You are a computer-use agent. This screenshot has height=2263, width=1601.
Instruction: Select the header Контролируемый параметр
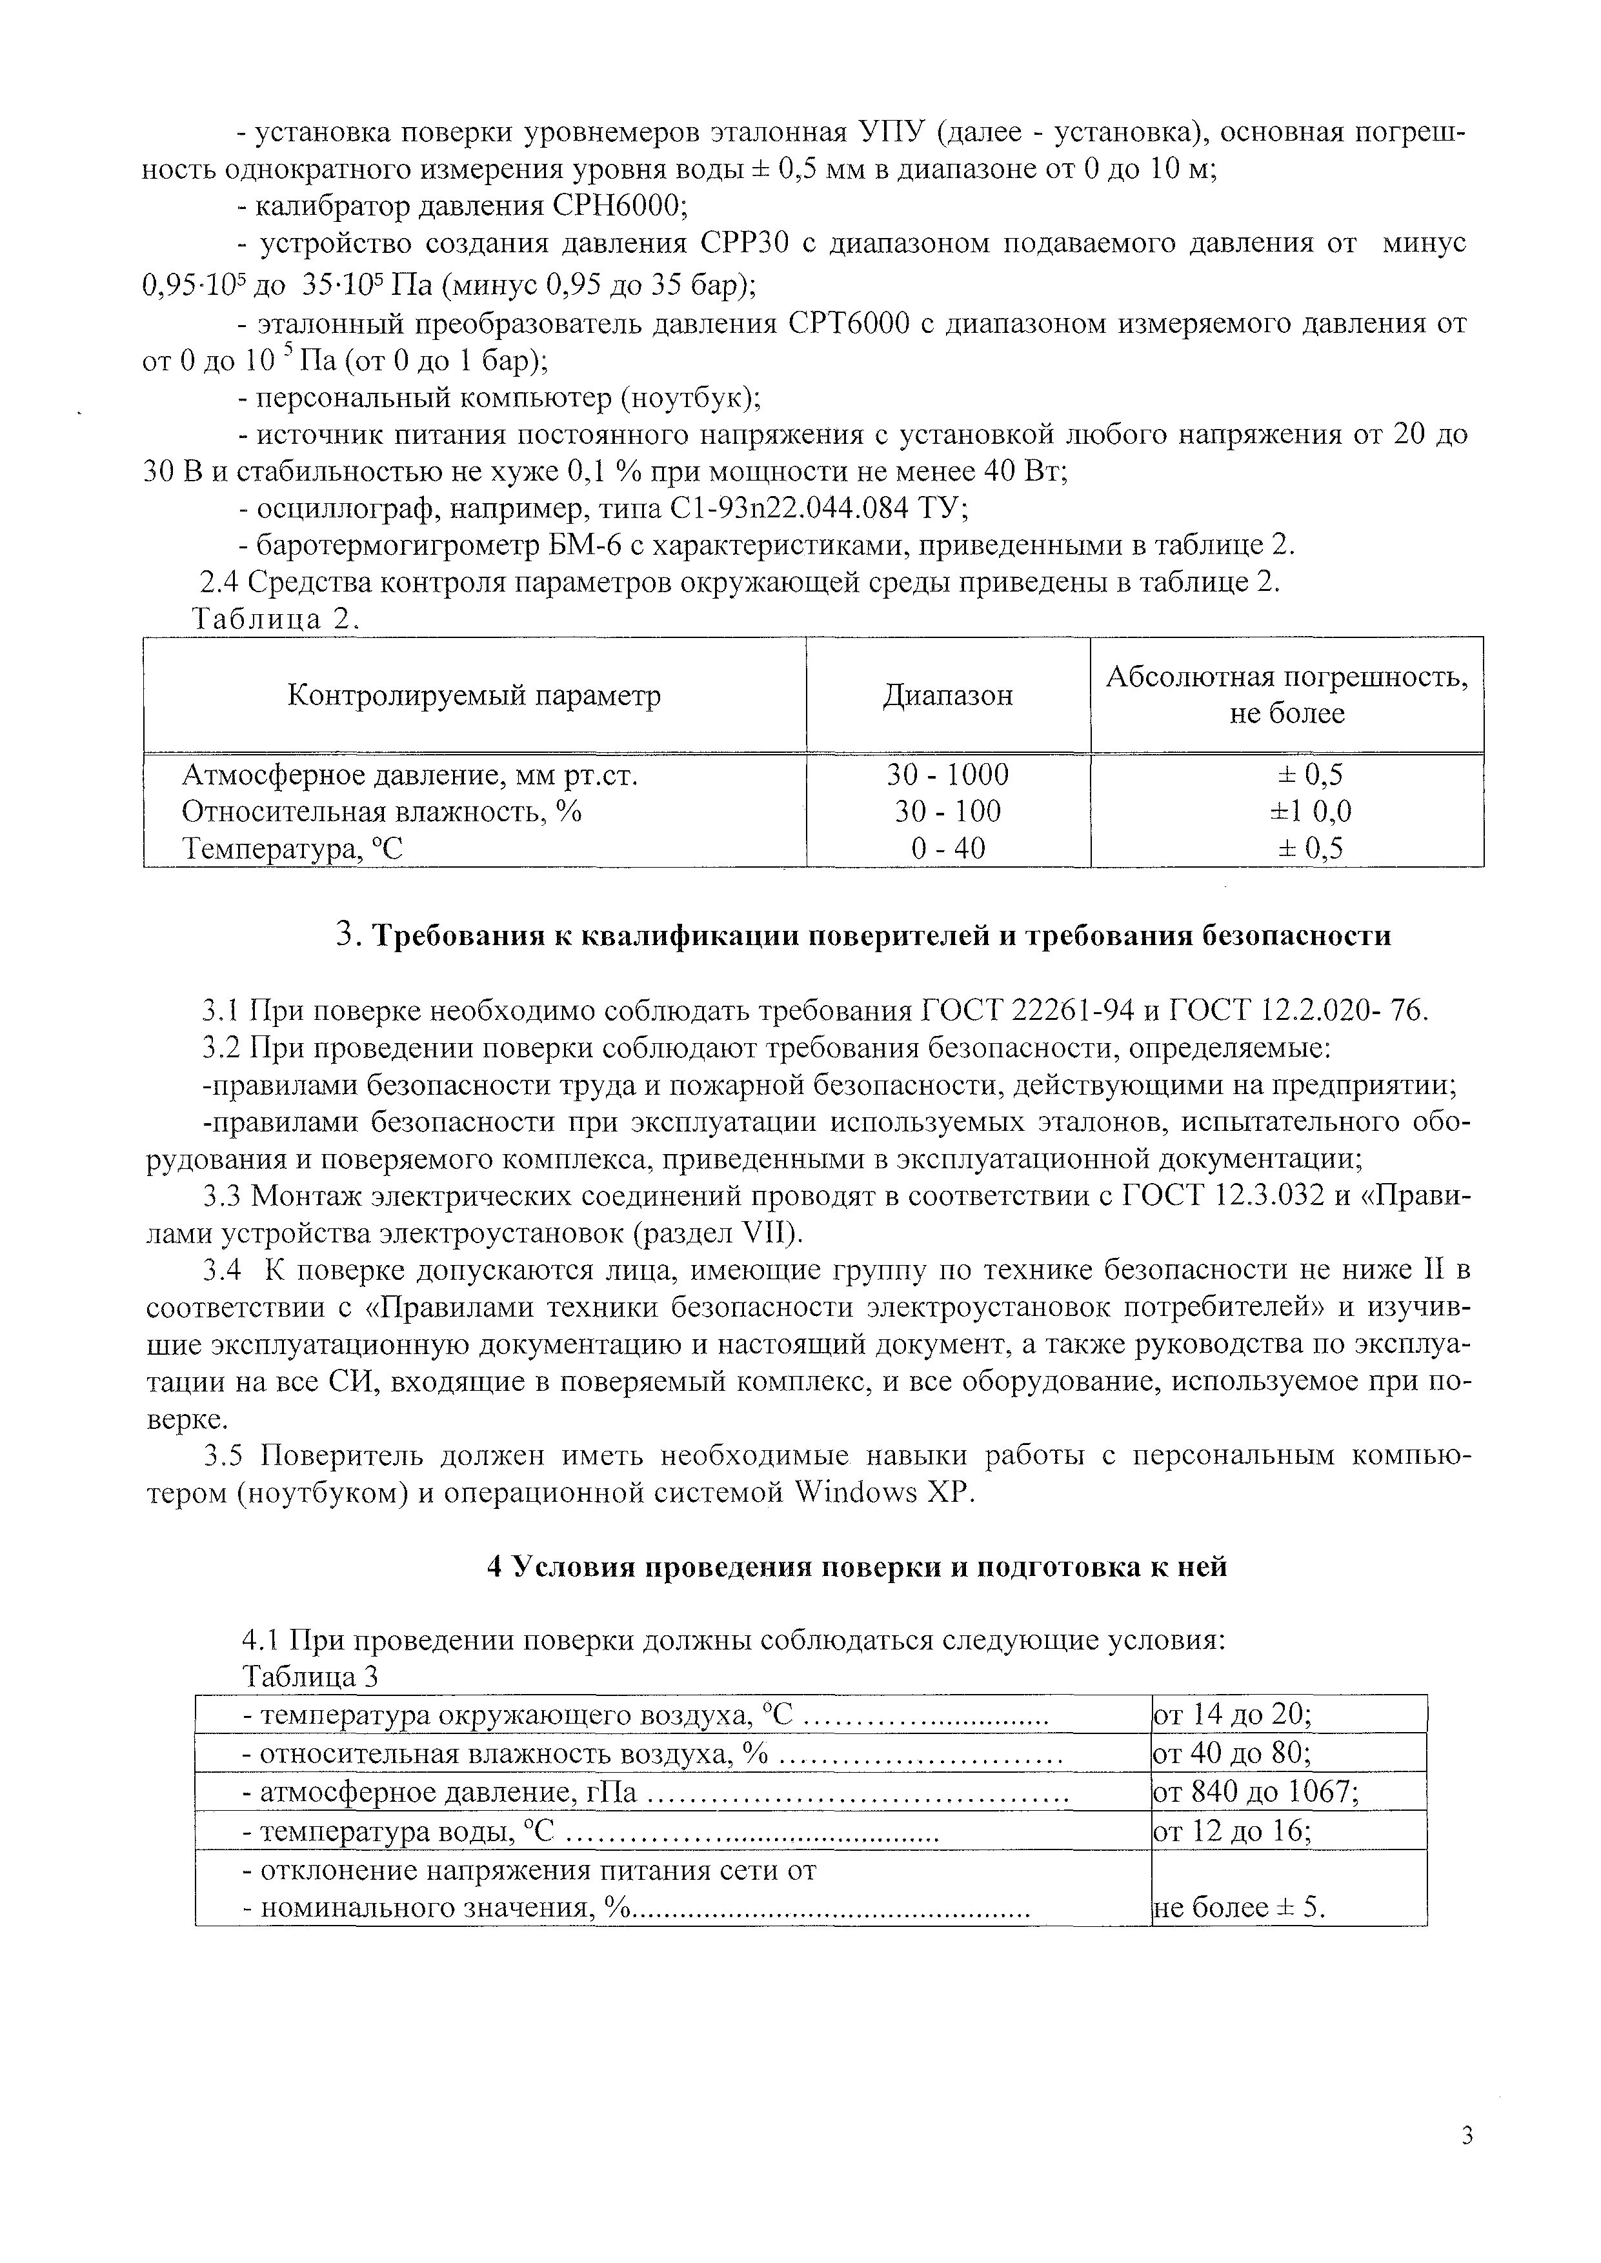click(474, 696)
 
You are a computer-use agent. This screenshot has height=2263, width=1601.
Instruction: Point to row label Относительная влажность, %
click(381, 811)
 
